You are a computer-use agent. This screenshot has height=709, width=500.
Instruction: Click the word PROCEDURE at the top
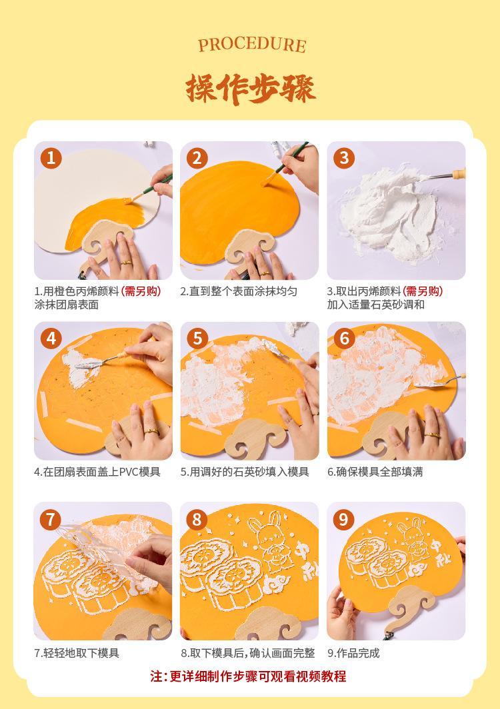click(x=252, y=45)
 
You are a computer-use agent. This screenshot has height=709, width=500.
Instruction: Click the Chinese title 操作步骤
click(x=250, y=88)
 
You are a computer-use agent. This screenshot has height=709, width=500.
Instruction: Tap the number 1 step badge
click(x=51, y=158)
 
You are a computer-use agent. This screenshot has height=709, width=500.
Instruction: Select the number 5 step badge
click(x=197, y=339)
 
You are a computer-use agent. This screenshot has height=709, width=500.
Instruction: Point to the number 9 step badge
click(x=344, y=519)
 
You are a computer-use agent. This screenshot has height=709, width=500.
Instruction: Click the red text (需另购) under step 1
click(x=141, y=291)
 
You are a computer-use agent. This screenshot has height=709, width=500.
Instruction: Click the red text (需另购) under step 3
click(x=423, y=291)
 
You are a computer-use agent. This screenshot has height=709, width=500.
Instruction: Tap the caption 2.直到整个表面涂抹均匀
click(x=239, y=291)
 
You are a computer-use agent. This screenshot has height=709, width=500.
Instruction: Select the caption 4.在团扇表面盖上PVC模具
click(x=97, y=472)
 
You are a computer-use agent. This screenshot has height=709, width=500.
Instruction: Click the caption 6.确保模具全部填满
click(x=375, y=472)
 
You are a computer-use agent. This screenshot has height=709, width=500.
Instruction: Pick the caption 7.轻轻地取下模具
click(x=77, y=653)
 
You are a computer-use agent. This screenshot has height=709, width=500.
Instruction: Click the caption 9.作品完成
click(x=353, y=653)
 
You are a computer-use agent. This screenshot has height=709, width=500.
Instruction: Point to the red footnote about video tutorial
click(x=249, y=676)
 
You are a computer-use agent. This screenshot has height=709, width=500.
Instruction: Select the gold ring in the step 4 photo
click(x=151, y=431)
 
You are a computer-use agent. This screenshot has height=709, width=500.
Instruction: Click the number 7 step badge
click(x=51, y=519)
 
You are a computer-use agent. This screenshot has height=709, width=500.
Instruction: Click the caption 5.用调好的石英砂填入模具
click(x=245, y=472)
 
